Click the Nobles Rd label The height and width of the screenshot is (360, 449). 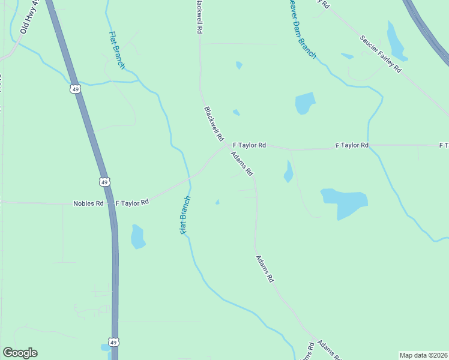(88, 203)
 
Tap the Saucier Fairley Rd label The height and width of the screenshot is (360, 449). (381, 54)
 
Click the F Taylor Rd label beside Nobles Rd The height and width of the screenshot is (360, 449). (132, 203)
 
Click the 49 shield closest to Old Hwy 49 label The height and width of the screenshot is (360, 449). (74, 89)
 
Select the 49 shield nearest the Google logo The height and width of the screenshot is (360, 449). (114, 342)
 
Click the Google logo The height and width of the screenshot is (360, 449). (20, 353)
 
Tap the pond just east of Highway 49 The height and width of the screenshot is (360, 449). (137, 236)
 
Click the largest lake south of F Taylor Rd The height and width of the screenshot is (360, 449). (344, 203)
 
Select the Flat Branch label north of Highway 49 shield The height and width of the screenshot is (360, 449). (117, 49)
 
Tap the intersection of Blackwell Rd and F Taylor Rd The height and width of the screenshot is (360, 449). (228, 145)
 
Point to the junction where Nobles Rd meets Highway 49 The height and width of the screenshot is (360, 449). (109, 204)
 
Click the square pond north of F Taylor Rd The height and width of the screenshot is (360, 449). (305, 103)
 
